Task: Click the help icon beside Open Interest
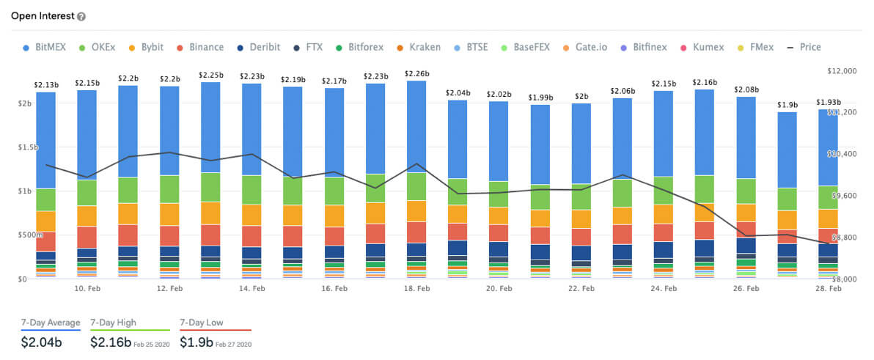tap(81, 17)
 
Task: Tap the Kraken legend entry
tap(418, 47)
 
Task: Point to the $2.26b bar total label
tap(416, 74)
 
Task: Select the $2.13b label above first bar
tap(45, 85)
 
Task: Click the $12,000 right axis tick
tap(840, 71)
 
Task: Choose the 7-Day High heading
tap(113, 323)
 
